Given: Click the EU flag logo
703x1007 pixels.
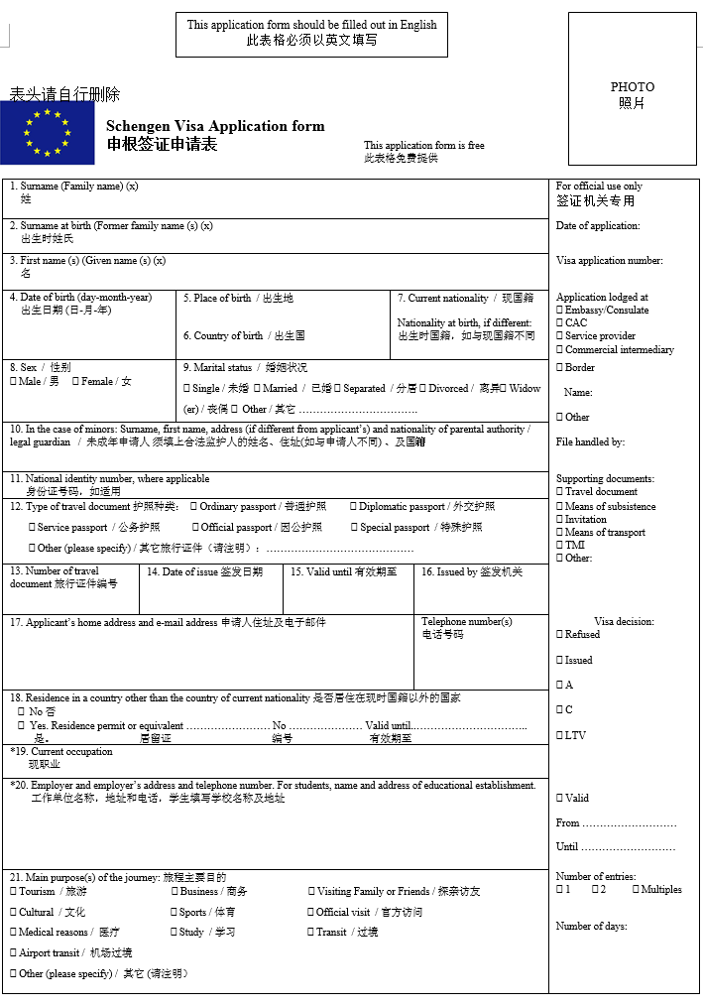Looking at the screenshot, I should (48, 133).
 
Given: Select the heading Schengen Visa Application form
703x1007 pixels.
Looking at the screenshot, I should (215, 126).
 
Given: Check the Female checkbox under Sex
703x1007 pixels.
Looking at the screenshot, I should (75, 381).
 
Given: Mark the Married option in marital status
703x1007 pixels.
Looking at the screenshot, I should (257, 388).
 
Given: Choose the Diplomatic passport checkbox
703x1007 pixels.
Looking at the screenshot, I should (353, 506).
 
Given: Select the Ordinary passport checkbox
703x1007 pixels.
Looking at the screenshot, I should (194, 506).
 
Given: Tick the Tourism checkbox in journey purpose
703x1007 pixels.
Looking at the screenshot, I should (14, 891).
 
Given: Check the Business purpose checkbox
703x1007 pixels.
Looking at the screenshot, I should (175, 891).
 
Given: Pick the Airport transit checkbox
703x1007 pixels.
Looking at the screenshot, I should (14, 952).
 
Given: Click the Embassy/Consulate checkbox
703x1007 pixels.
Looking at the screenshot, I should (560, 310).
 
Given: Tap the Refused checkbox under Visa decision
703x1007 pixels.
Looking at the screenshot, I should (560, 634).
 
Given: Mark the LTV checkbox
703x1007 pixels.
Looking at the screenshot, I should (560, 735).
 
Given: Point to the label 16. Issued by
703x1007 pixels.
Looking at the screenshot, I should (472, 571).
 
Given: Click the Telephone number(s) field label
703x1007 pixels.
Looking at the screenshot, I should (467, 622).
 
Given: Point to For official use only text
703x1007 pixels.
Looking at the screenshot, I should (599, 186).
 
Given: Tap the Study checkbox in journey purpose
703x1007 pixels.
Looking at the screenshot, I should (175, 932).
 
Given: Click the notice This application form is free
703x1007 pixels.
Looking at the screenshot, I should (424, 145).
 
